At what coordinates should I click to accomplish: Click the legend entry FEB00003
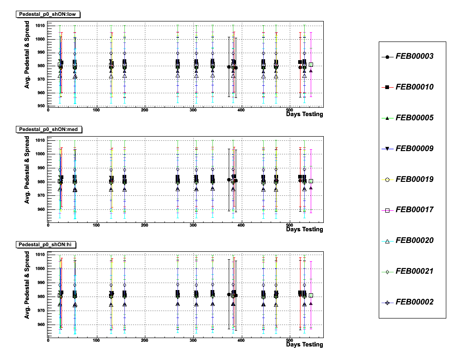pyautogui.click(x=414, y=56)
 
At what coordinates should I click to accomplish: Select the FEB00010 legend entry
pyautogui.click(x=414, y=87)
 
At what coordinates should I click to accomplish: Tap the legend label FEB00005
pyautogui.click(x=414, y=118)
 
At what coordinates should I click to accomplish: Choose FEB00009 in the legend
pyautogui.click(x=414, y=149)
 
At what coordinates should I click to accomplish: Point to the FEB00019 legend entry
pyautogui.click(x=414, y=179)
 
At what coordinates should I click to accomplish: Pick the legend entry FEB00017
pyautogui.click(x=414, y=210)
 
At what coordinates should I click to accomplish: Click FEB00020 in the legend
pyautogui.click(x=414, y=241)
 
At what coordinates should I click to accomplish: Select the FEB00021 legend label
pyautogui.click(x=414, y=271)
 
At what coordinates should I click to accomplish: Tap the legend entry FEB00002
pyautogui.click(x=414, y=302)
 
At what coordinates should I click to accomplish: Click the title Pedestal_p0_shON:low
pyautogui.click(x=48, y=14)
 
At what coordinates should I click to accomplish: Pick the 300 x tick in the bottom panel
pyautogui.click(x=192, y=340)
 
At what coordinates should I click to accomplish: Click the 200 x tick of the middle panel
pyautogui.click(x=144, y=225)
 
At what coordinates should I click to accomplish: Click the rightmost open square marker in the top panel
pyautogui.click(x=311, y=65)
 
